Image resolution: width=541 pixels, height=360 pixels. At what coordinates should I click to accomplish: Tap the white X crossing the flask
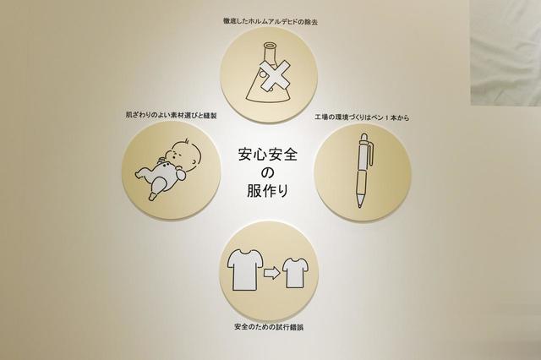pyautogui.click(x=274, y=75)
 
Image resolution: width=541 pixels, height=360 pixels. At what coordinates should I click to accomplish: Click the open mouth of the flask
pyautogui.click(x=270, y=45)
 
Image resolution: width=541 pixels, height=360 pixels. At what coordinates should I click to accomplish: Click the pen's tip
pyautogui.click(x=360, y=205)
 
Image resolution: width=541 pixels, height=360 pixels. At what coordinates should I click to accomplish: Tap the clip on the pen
pyautogui.click(x=370, y=155)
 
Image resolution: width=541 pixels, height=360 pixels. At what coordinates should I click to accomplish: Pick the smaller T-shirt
pyautogui.click(x=295, y=272)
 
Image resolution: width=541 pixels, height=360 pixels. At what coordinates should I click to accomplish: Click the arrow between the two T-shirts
pyautogui.click(x=272, y=274)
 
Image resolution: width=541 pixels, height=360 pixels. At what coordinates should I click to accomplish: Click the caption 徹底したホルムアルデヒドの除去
pyautogui.click(x=270, y=21)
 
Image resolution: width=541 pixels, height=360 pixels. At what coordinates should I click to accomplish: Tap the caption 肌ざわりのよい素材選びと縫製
pyautogui.click(x=171, y=115)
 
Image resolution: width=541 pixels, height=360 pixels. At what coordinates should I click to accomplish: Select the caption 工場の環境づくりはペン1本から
pyautogui.click(x=362, y=117)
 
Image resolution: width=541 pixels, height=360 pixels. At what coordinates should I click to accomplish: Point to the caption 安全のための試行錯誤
pyautogui.click(x=269, y=327)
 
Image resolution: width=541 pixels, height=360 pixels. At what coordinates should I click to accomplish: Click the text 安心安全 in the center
pyautogui.click(x=268, y=154)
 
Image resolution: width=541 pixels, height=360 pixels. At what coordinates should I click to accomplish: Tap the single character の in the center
pyautogui.click(x=267, y=172)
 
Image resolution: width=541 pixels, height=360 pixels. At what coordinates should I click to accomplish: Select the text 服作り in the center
pyautogui.click(x=268, y=191)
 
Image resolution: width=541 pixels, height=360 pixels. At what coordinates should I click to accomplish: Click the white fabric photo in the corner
pyautogui.click(x=505, y=52)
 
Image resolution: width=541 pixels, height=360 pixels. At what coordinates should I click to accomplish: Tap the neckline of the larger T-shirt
pyautogui.click(x=245, y=253)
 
